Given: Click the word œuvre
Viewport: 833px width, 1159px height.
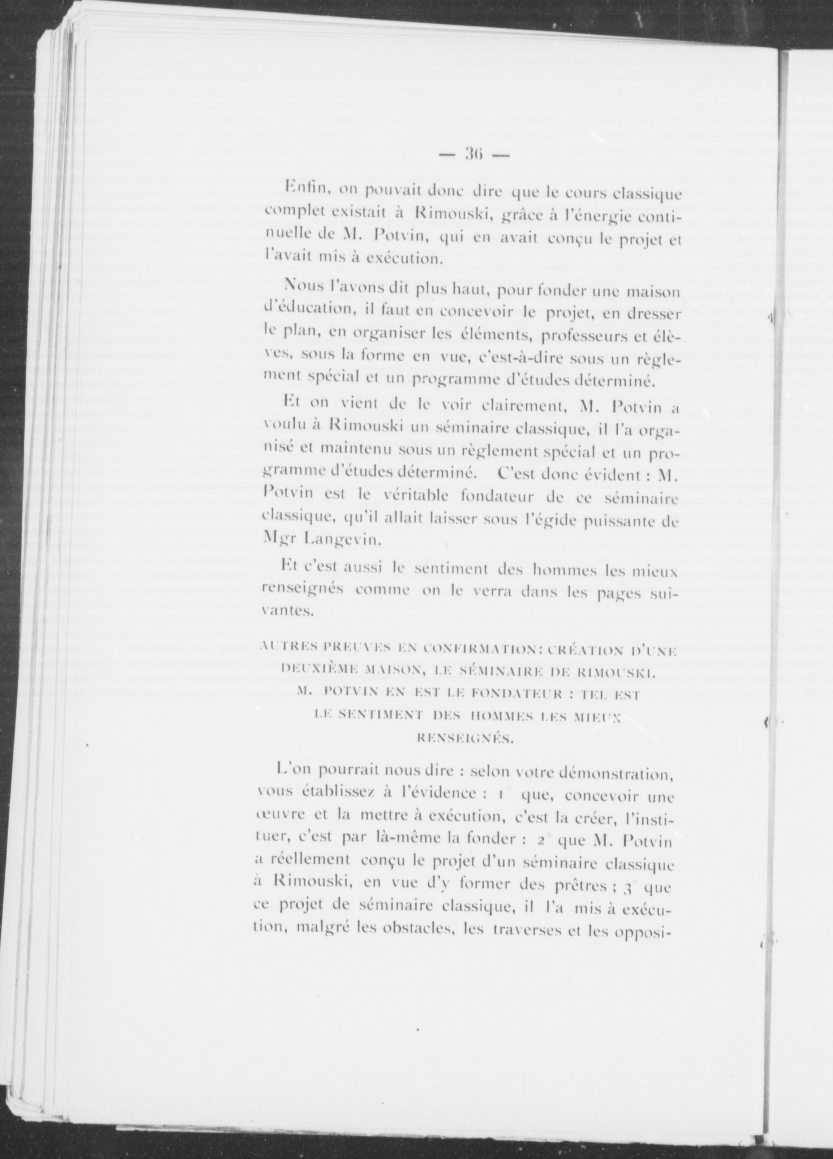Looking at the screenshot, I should click(274, 814).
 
